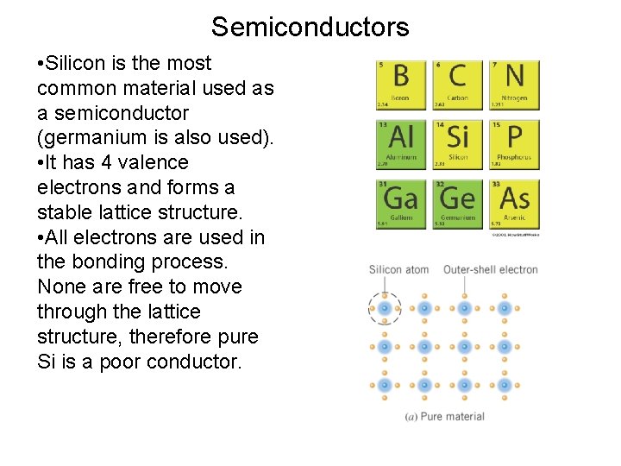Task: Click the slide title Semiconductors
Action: click(x=310, y=27)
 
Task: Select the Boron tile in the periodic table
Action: click(x=400, y=85)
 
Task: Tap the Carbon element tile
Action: click(x=457, y=85)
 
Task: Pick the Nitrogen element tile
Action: click(x=514, y=85)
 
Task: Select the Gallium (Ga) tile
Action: click(x=400, y=204)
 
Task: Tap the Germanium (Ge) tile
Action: click(x=457, y=204)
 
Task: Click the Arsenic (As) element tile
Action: click(x=514, y=204)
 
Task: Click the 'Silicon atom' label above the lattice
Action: click(x=398, y=269)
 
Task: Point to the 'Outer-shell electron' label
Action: click(x=490, y=269)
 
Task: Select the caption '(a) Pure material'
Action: click(x=444, y=416)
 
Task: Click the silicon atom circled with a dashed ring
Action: click(x=384, y=307)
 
